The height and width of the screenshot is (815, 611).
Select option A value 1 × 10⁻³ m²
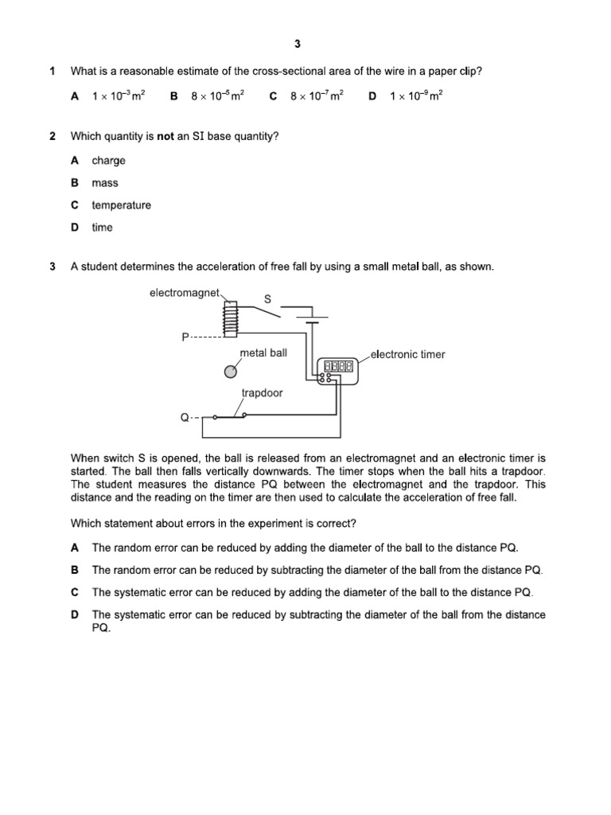coord(118,96)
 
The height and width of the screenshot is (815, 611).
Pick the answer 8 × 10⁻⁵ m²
coord(217,96)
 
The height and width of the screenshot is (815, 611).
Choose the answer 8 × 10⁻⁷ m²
coord(317,96)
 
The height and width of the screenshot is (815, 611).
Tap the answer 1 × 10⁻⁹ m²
coord(416,96)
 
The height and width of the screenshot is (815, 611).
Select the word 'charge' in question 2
coord(108,161)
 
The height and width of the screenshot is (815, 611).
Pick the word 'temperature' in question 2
coord(121,205)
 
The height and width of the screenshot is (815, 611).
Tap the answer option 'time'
coord(102,228)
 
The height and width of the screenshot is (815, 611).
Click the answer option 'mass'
coord(104,183)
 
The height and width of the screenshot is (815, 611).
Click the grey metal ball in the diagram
coord(231,371)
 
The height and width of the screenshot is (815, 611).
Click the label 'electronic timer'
coord(408,355)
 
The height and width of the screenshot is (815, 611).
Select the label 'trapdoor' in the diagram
coord(262,393)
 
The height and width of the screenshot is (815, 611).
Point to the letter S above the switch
coord(267,299)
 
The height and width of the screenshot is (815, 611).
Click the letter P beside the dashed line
coord(185,337)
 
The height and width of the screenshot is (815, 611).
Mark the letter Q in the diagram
coord(185,416)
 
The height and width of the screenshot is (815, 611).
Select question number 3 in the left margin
coord(53,267)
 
